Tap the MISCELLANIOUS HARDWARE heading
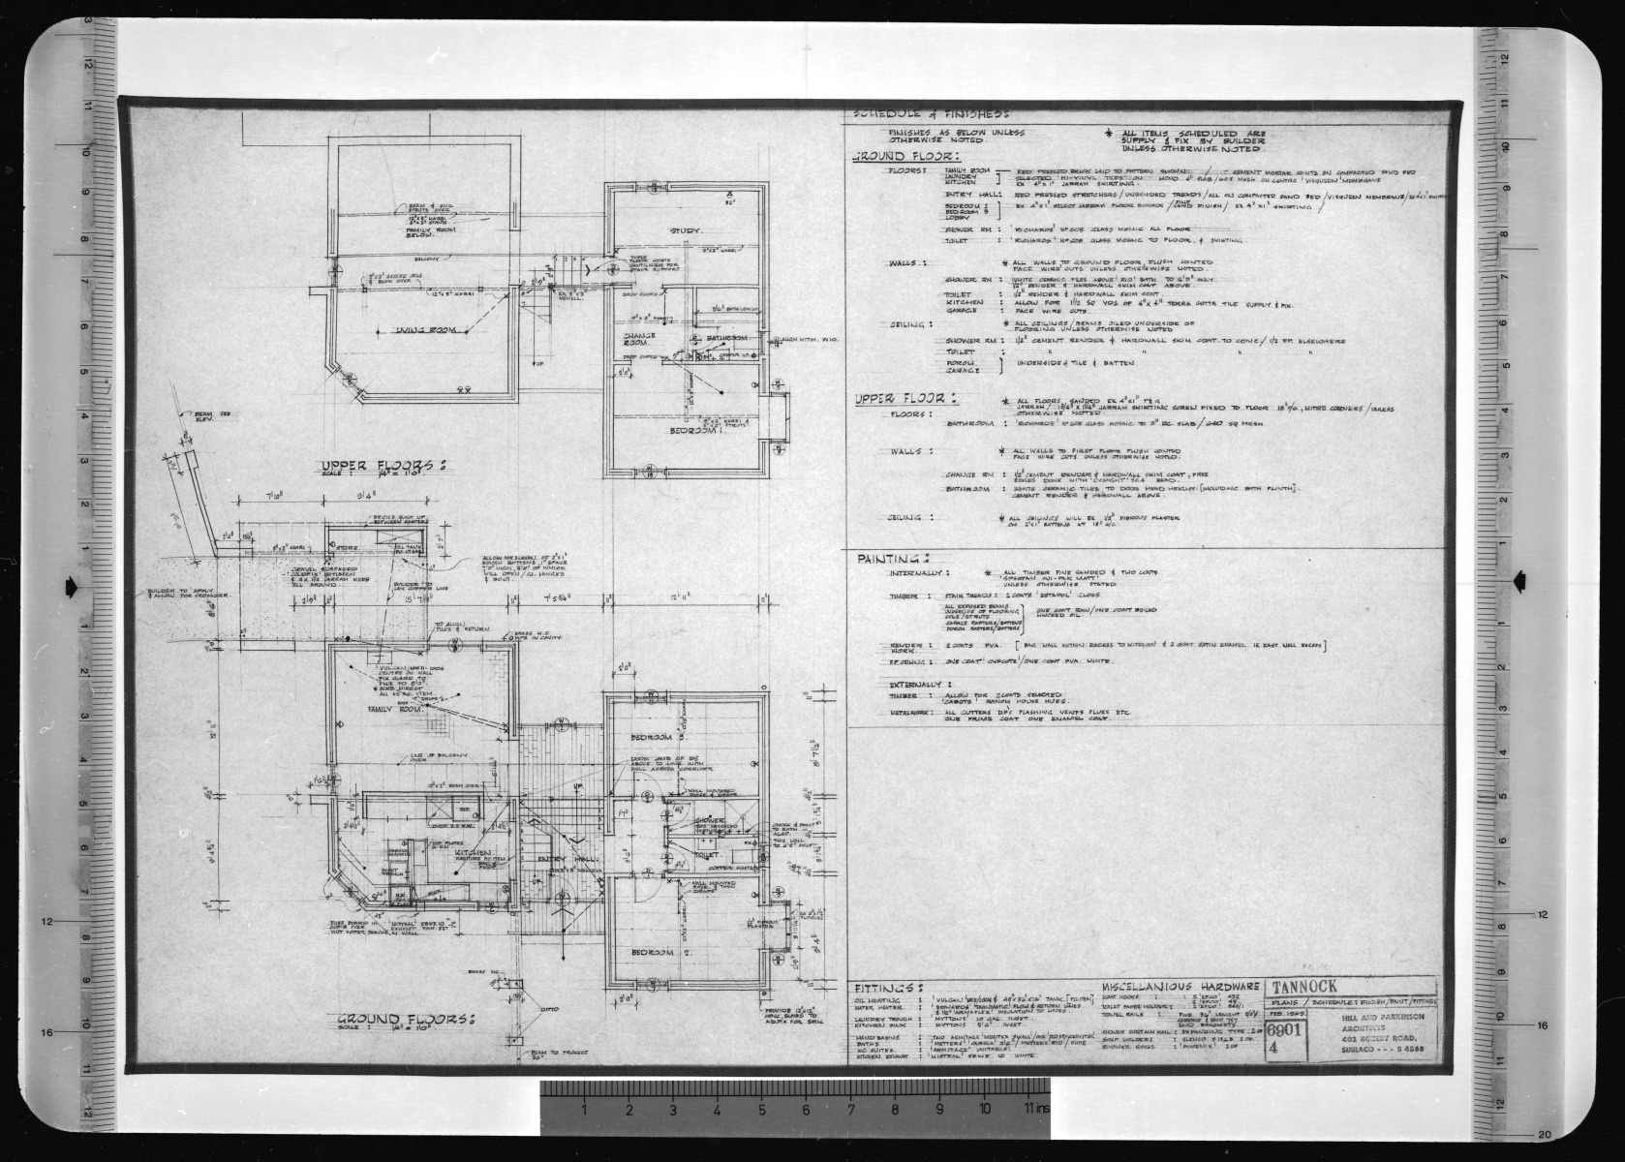(1180, 985)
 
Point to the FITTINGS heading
(884, 980)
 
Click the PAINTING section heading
(893, 559)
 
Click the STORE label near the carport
(346, 548)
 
